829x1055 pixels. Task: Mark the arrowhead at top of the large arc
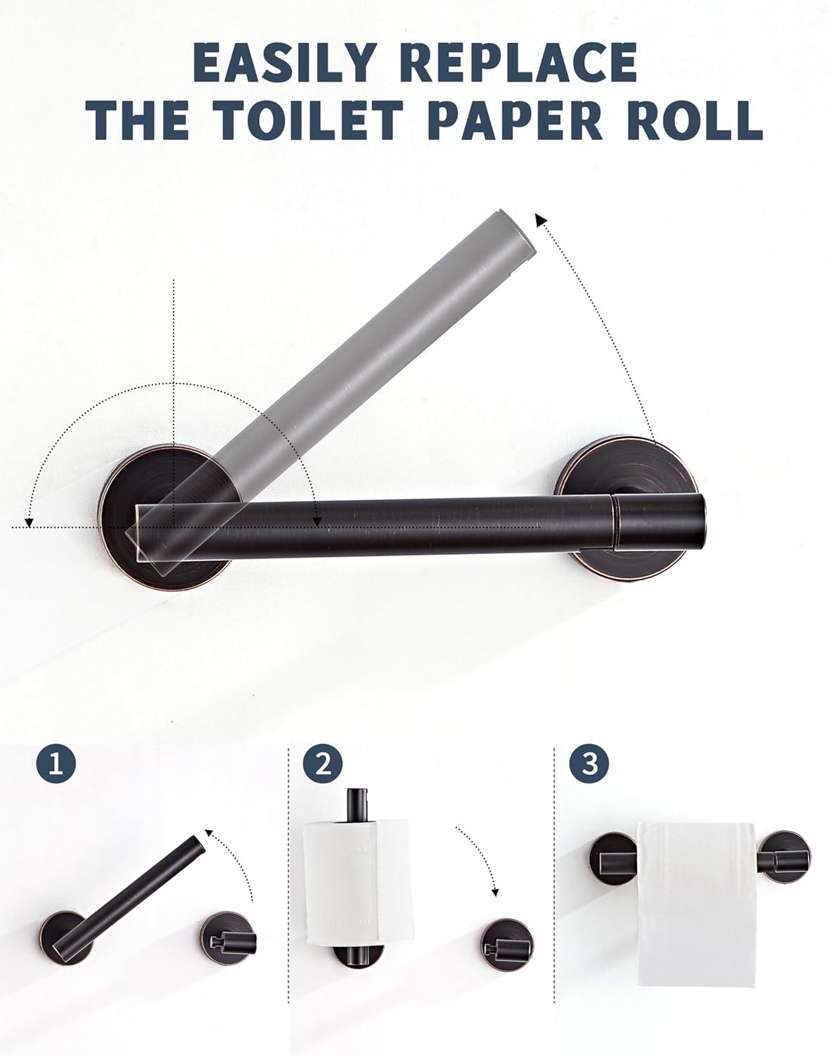(542, 220)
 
